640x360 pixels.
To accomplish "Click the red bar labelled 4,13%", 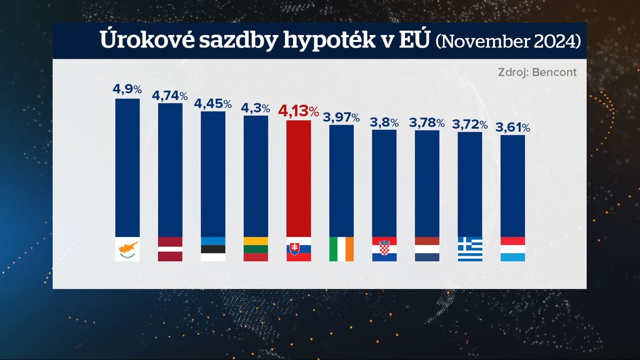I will pyautogui.click(x=298, y=178).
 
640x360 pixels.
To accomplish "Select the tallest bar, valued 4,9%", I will pyautogui.click(x=127, y=167).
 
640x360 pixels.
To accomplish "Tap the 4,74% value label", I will pyautogui.click(x=170, y=96).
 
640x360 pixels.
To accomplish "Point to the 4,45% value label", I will pyautogui.click(x=213, y=103).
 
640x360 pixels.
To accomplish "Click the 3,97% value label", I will pyautogui.click(x=341, y=117).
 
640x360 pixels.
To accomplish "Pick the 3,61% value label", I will pyautogui.click(x=512, y=127).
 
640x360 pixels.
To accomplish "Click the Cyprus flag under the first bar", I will pyautogui.click(x=127, y=249).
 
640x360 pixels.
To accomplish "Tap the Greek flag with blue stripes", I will pyautogui.click(x=470, y=249).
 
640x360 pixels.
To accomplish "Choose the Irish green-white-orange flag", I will pyautogui.click(x=341, y=249).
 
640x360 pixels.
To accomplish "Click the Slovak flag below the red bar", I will pyautogui.click(x=298, y=249).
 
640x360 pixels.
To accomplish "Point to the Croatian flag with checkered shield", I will pyautogui.click(x=384, y=249).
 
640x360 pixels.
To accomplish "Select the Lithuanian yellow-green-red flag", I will pyautogui.click(x=256, y=249).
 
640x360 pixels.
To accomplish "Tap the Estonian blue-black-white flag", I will pyautogui.click(x=213, y=249).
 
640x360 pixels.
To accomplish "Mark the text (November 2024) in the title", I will pyautogui.click(x=507, y=41).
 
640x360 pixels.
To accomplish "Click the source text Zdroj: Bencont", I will pyautogui.click(x=537, y=72).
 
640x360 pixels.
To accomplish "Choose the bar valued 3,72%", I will pyautogui.click(x=470, y=184).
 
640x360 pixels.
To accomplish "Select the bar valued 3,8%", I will pyautogui.click(x=384, y=183).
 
